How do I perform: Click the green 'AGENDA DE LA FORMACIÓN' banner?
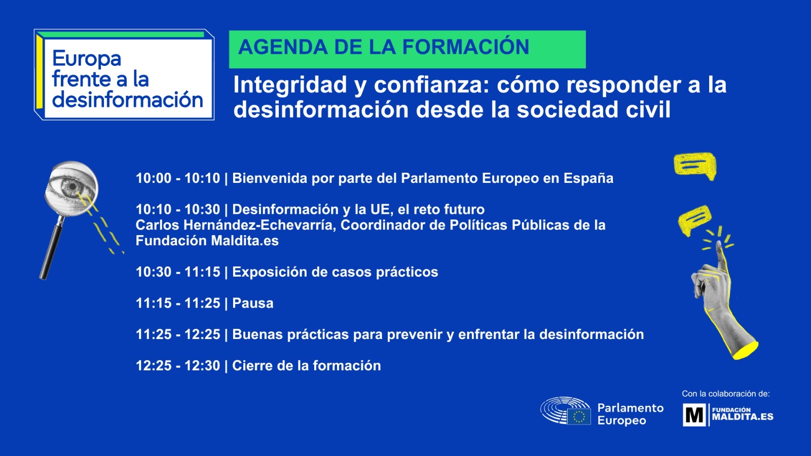pyautogui.click(x=407, y=49)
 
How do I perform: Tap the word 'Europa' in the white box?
pyautogui.click(x=87, y=59)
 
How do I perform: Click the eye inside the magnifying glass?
pyautogui.click(x=71, y=187)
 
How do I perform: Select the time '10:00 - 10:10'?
pyautogui.click(x=177, y=178)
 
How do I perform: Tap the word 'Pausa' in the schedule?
pyautogui.click(x=252, y=303)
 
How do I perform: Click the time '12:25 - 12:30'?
pyautogui.click(x=177, y=366)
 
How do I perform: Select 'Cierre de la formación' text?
pyautogui.click(x=306, y=366)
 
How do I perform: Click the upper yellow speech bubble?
pyautogui.click(x=695, y=165)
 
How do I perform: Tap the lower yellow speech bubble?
pyautogui.click(x=695, y=220)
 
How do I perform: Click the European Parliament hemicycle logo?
pyautogui.click(x=565, y=410)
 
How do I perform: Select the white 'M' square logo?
pyautogui.click(x=694, y=415)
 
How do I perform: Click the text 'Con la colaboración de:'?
pyautogui.click(x=725, y=394)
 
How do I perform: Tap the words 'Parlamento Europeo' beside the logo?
pyautogui.click(x=630, y=414)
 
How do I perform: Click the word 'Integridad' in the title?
pyautogui.click(x=290, y=85)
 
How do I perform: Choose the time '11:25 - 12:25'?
pyautogui.click(x=177, y=334)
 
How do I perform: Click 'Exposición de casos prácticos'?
pyautogui.click(x=335, y=272)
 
